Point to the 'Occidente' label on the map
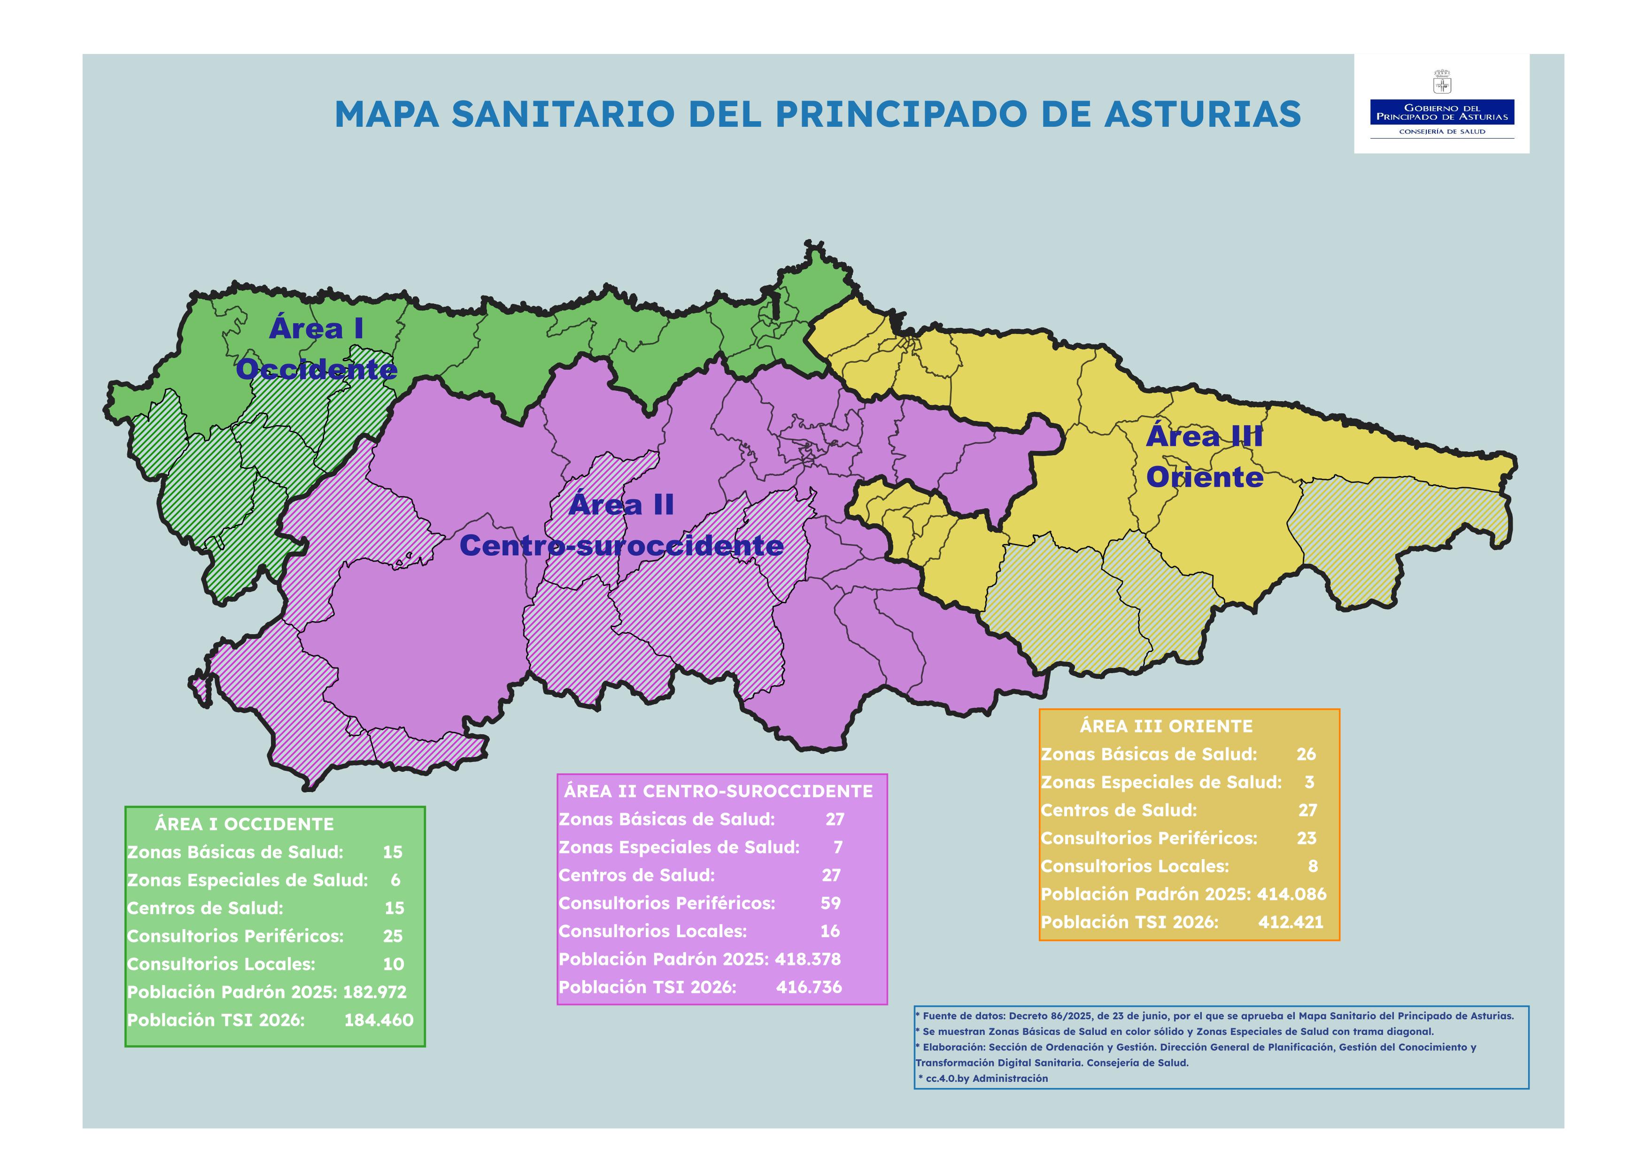pos(317,369)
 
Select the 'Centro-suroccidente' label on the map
pos(621,546)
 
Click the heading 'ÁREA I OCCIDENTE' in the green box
pos(244,824)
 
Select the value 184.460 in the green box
pos(379,1020)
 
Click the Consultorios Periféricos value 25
pos(393,936)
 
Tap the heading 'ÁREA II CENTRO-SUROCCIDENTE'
pos(718,791)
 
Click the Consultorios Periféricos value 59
pos(831,903)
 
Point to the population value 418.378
pos(808,959)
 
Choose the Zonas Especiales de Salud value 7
pos(838,847)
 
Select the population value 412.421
pos(1291,923)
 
